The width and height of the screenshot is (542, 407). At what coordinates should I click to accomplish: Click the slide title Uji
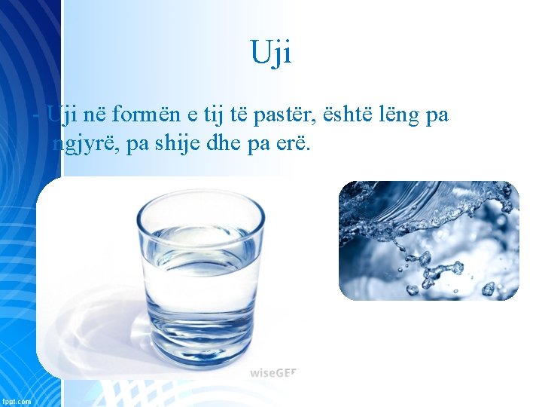(270, 53)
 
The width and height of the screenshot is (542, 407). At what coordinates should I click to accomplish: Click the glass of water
(202, 279)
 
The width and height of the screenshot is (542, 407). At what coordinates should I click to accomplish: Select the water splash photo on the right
(428, 240)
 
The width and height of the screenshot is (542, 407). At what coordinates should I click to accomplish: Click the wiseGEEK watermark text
(275, 372)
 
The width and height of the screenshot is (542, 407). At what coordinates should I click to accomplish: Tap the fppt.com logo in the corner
(16, 400)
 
